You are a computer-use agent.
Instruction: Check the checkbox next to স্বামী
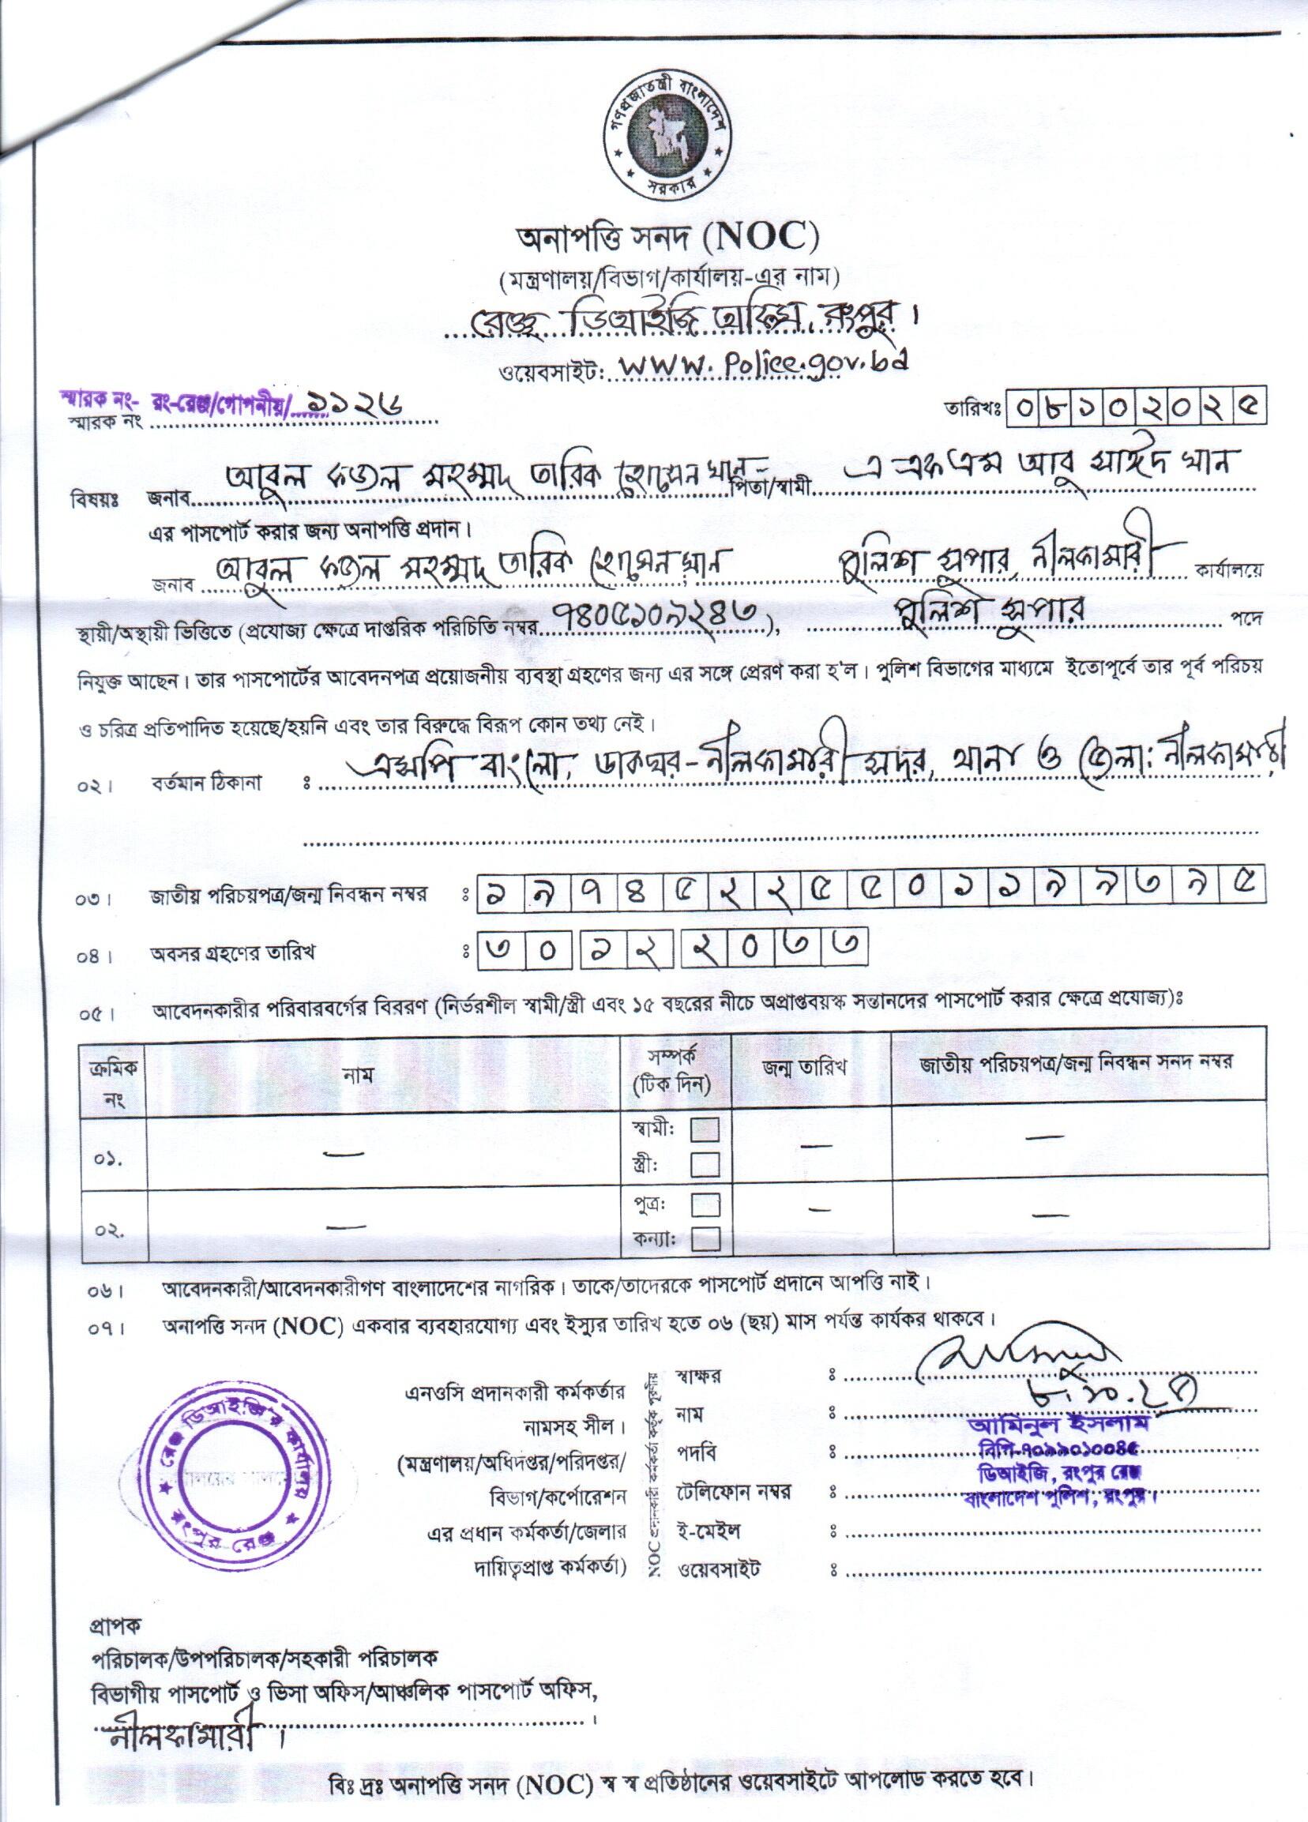tap(705, 1130)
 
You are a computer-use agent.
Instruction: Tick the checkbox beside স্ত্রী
tap(705, 1163)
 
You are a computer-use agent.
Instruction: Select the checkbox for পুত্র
tap(705, 1204)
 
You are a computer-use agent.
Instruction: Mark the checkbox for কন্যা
tap(705, 1241)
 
